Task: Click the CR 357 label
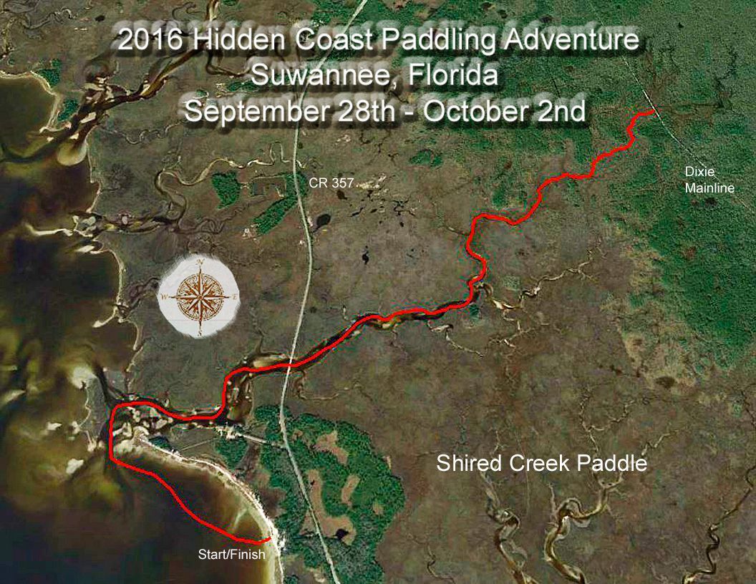point(331,183)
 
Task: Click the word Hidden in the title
point(231,41)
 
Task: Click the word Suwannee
point(317,75)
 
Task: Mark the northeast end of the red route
point(652,112)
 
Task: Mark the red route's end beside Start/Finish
point(268,539)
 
